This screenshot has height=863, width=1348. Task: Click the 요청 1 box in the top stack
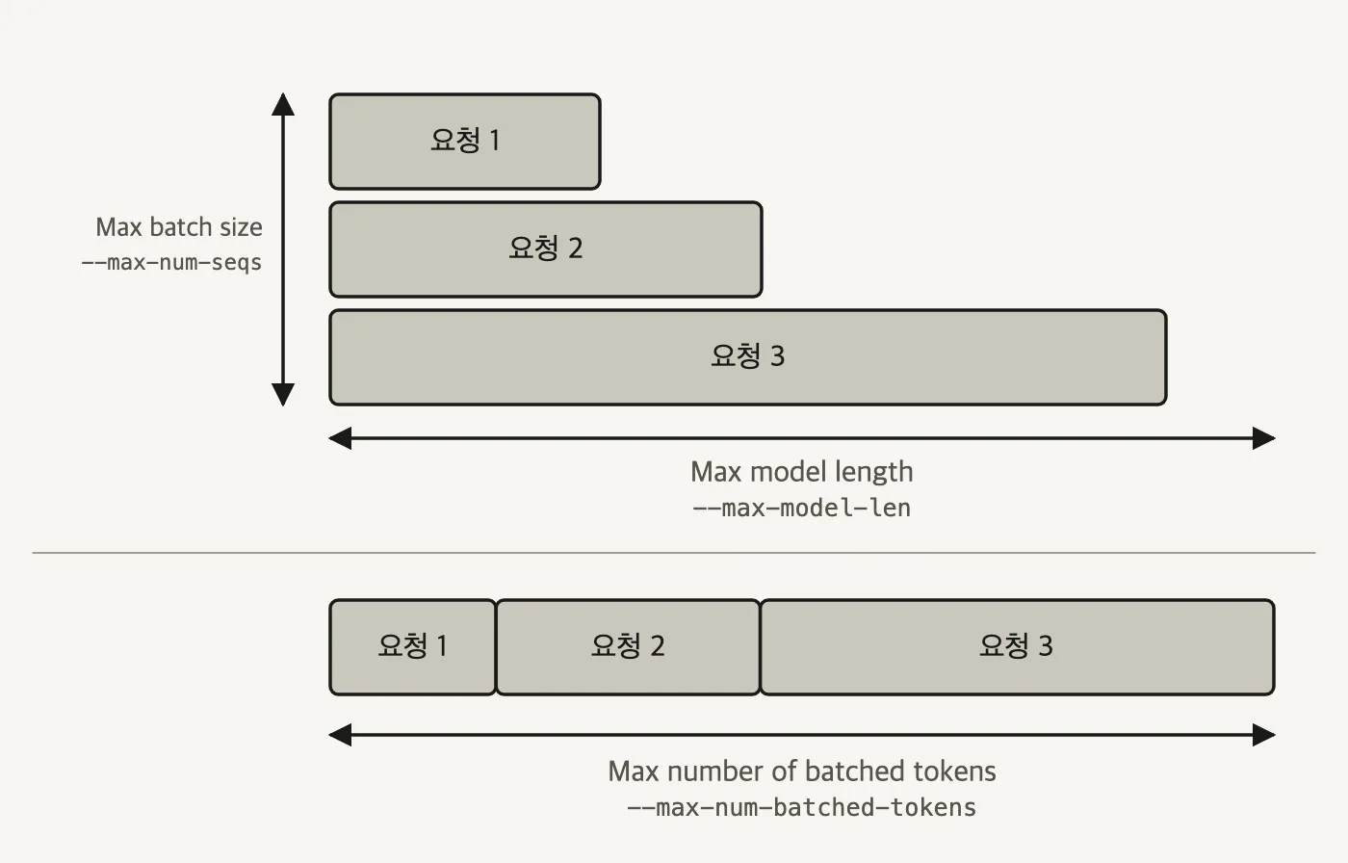464,142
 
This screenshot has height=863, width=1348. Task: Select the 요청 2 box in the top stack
546,249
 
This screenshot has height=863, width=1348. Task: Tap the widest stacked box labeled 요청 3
748,357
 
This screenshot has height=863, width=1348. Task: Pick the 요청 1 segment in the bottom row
413,647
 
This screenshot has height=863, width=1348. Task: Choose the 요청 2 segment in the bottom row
628,647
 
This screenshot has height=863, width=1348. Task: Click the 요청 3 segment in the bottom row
1017,647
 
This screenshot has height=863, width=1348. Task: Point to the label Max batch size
179,227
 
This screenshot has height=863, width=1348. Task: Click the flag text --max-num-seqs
172,262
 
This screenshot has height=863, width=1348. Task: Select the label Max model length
801,472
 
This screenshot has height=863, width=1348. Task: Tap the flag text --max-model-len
801,508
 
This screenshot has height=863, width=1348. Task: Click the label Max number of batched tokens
801,771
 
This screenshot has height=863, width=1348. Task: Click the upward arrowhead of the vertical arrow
283,104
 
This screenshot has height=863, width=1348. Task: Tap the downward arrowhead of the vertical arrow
283,395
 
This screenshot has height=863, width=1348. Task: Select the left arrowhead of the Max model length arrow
340,438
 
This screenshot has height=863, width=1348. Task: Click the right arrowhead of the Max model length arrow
1263,438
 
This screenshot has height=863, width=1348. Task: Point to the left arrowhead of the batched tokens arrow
340,735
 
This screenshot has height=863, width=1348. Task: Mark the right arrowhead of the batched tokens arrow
1263,735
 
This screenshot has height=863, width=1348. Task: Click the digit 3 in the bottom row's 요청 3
1046,646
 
